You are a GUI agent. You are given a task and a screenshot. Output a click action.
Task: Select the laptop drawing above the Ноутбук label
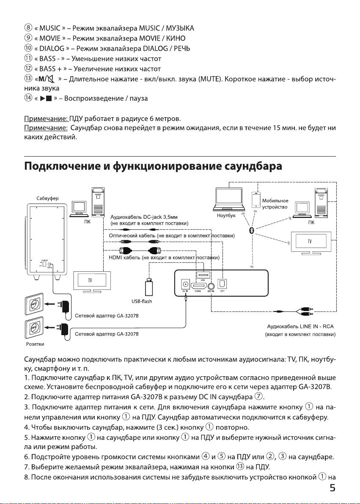pos(229,199)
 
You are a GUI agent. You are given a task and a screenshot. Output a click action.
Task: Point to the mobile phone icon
pos(256,200)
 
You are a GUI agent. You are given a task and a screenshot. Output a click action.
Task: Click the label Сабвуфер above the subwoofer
pos(47,198)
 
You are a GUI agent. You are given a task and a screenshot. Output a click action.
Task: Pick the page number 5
pos(333,488)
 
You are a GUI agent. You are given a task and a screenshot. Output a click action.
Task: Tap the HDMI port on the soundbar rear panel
pos(198,285)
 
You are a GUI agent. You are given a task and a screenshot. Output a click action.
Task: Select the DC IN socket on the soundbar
pos(185,284)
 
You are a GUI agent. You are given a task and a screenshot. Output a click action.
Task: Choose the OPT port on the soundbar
pos(222,284)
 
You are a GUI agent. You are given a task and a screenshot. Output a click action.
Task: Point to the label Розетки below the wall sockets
pos(35,344)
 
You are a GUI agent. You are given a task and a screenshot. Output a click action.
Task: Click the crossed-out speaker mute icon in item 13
pos(52,79)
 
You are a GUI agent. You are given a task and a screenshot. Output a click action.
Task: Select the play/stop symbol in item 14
pos(46,99)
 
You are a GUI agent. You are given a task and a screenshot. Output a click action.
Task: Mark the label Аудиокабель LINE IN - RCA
pos(300,327)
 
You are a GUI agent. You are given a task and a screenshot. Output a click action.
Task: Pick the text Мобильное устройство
pos(275,204)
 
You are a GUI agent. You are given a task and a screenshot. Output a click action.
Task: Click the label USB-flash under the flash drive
pos(142,301)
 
